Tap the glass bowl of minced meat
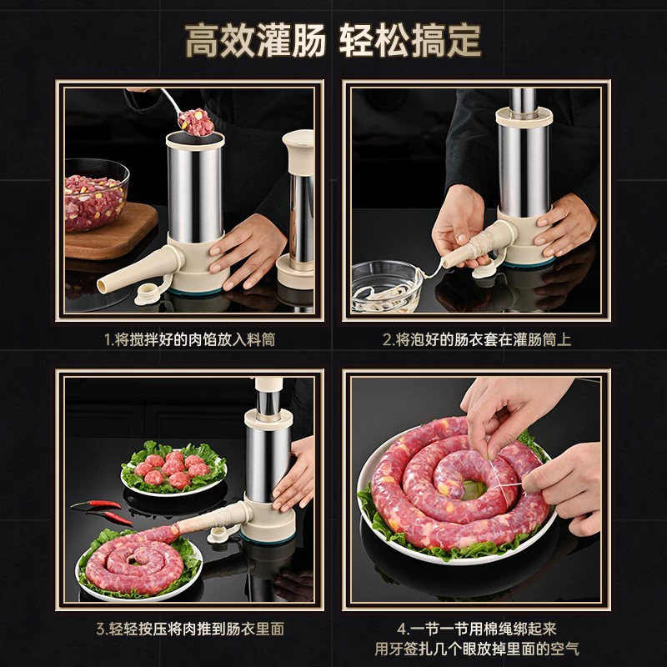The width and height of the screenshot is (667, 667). click(96, 195)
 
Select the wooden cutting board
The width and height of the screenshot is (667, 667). click(110, 232)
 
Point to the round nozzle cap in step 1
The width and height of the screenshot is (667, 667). click(148, 294)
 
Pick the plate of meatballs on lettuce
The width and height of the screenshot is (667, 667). click(173, 469)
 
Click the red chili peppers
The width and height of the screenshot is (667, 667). click(102, 511)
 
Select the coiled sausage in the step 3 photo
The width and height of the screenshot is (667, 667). click(135, 560)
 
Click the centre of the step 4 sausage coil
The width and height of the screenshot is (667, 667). click(471, 490)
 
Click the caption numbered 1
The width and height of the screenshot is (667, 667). click(190, 339)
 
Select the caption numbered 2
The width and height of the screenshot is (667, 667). click(476, 339)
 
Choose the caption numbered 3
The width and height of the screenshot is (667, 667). click(190, 629)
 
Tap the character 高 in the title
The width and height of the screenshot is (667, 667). click(203, 40)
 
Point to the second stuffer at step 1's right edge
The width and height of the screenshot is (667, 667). click(297, 208)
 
